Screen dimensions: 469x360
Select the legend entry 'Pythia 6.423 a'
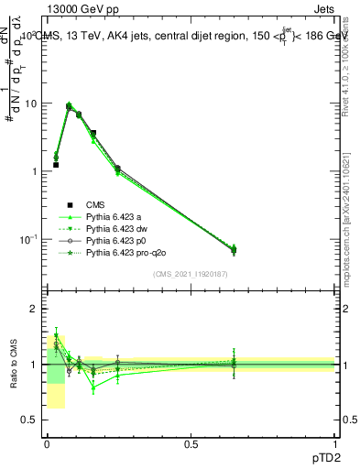pyautogui.click(x=114, y=216)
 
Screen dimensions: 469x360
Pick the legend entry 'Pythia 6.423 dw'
pyautogui.click(x=116, y=228)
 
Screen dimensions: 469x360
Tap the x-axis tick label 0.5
pyautogui.click(x=191, y=444)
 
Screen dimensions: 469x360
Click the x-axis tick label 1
pyautogui.click(x=336, y=444)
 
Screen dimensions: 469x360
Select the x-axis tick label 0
pyautogui.click(x=46, y=444)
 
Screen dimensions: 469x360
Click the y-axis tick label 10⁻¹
pyautogui.click(x=29, y=239)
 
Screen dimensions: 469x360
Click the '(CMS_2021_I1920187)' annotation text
pyautogui.click(x=190, y=274)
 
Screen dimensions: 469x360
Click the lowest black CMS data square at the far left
pyautogui.click(x=56, y=165)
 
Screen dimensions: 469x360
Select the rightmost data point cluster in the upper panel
pyautogui.click(x=234, y=249)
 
